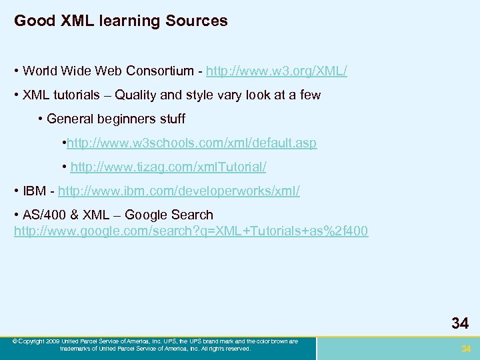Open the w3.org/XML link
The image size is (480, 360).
pos(277,71)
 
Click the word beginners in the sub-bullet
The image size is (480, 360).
pos(129,119)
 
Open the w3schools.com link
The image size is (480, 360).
pos(192,143)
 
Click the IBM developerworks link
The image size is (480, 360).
pos(179,191)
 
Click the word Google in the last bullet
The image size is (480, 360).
pos(147,215)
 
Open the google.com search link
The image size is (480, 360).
pos(191,231)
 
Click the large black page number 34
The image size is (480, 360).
pos(459,324)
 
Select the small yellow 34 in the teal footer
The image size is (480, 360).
pos(466,349)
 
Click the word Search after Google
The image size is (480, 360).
pos(191,215)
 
